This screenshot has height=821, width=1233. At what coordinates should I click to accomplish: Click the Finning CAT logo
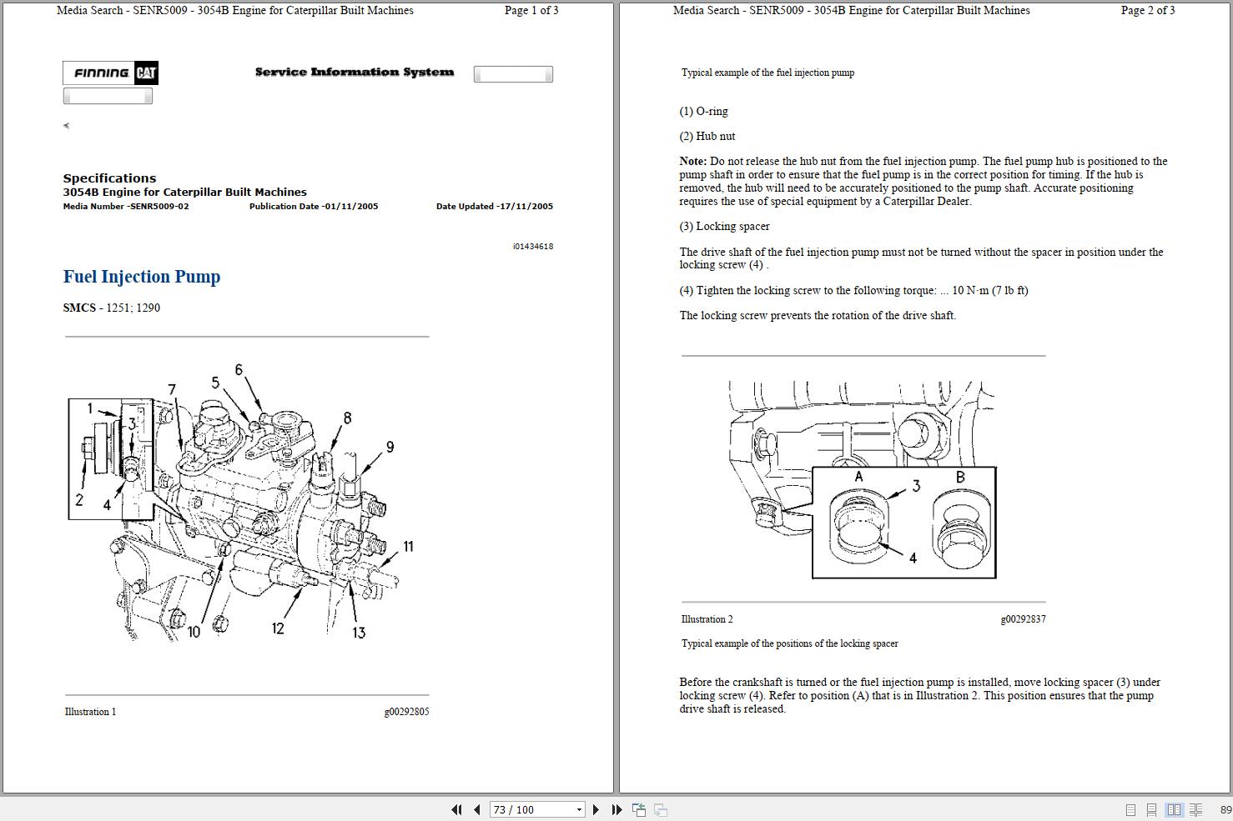(x=110, y=73)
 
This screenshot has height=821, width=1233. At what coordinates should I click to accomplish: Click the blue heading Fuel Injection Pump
(x=142, y=277)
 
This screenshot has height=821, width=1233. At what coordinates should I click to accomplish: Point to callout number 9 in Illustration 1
(x=390, y=448)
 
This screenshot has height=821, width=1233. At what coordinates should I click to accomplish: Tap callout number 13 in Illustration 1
(x=359, y=633)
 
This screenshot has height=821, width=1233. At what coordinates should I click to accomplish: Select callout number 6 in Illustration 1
(x=239, y=370)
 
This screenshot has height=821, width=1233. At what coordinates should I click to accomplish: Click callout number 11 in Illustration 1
(x=408, y=547)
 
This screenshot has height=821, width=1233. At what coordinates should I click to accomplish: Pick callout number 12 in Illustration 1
(x=278, y=628)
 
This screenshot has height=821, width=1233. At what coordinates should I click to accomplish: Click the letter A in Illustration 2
(x=858, y=477)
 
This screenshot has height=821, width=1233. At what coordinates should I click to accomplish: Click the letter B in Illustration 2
(x=960, y=477)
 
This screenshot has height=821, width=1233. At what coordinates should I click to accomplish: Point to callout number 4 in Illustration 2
(x=913, y=558)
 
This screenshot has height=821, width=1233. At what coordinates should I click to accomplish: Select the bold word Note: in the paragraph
(x=693, y=162)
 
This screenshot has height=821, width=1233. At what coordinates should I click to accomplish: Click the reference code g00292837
(x=1023, y=619)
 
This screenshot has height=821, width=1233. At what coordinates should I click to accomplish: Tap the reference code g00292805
(x=406, y=712)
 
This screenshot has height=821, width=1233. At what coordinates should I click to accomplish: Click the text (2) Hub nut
(x=707, y=137)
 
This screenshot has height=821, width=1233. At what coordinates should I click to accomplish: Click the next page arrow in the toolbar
(x=596, y=809)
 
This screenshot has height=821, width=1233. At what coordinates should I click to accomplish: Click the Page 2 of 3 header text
(x=1147, y=11)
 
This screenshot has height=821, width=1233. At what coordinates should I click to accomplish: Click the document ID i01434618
(x=532, y=247)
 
